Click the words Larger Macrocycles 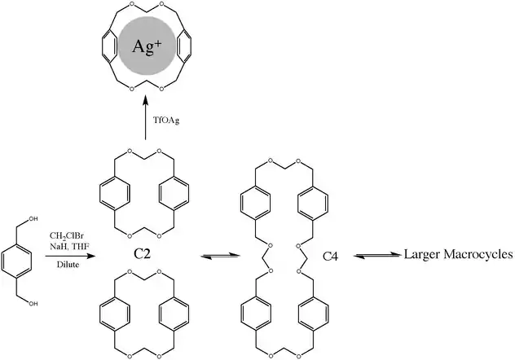click(458, 255)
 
